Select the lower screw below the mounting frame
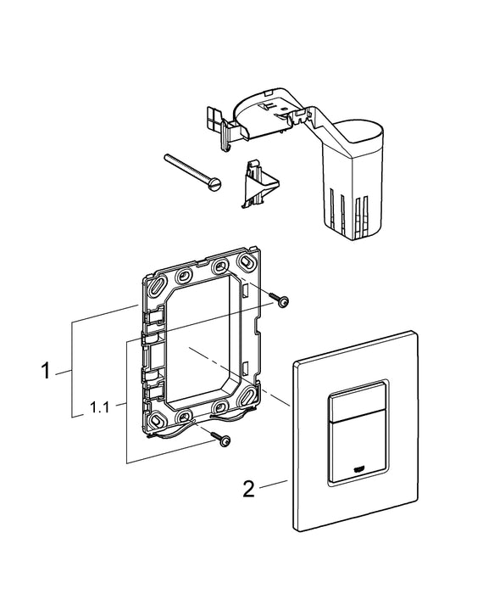tap(225, 439)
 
